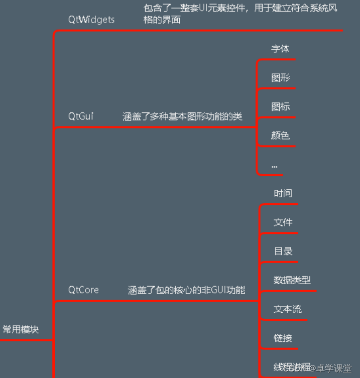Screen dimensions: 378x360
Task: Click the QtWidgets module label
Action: click(91, 20)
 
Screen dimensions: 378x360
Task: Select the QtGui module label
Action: click(81, 116)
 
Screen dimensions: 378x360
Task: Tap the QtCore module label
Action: click(83, 290)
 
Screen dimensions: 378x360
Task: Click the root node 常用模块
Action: click(21, 329)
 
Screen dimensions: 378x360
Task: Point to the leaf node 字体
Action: click(280, 49)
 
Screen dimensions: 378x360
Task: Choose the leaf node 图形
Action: click(280, 78)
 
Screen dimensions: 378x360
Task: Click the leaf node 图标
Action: click(280, 106)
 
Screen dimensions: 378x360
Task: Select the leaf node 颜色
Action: click(280, 136)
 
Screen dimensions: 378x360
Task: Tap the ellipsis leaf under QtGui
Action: click(274, 165)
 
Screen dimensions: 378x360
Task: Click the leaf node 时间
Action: click(283, 193)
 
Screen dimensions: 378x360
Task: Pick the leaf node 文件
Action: click(283, 222)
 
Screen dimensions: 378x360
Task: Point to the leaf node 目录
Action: click(283, 251)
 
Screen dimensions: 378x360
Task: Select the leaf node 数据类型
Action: click(292, 280)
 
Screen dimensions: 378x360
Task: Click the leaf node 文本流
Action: click(288, 309)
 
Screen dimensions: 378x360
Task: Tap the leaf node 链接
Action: click(283, 338)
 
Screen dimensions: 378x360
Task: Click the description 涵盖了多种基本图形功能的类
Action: click(182, 116)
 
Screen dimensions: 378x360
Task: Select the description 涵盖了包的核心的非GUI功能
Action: click(186, 290)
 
